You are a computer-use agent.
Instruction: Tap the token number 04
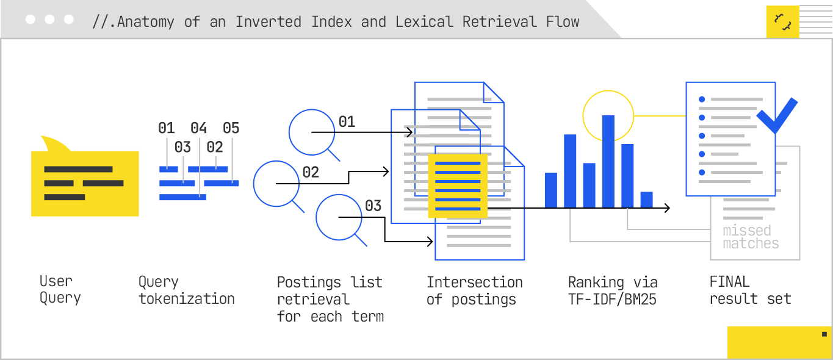(x=198, y=128)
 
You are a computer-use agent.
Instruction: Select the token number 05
(x=231, y=128)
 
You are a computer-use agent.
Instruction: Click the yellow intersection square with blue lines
(x=458, y=186)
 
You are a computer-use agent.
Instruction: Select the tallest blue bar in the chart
(x=608, y=162)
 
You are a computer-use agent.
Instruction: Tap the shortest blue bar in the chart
(x=647, y=200)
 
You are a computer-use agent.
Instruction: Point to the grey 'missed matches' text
(x=751, y=237)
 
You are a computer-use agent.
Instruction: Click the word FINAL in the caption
(x=730, y=281)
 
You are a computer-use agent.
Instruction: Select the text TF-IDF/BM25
(x=612, y=300)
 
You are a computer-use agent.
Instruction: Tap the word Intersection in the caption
(x=475, y=283)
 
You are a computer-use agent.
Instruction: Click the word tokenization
(x=187, y=298)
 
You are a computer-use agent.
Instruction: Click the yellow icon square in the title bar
(x=782, y=21)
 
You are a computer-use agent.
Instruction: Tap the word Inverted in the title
(x=268, y=22)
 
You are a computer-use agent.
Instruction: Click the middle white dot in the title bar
(x=49, y=20)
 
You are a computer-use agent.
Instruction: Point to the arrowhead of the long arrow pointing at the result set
(x=668, y=208)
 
